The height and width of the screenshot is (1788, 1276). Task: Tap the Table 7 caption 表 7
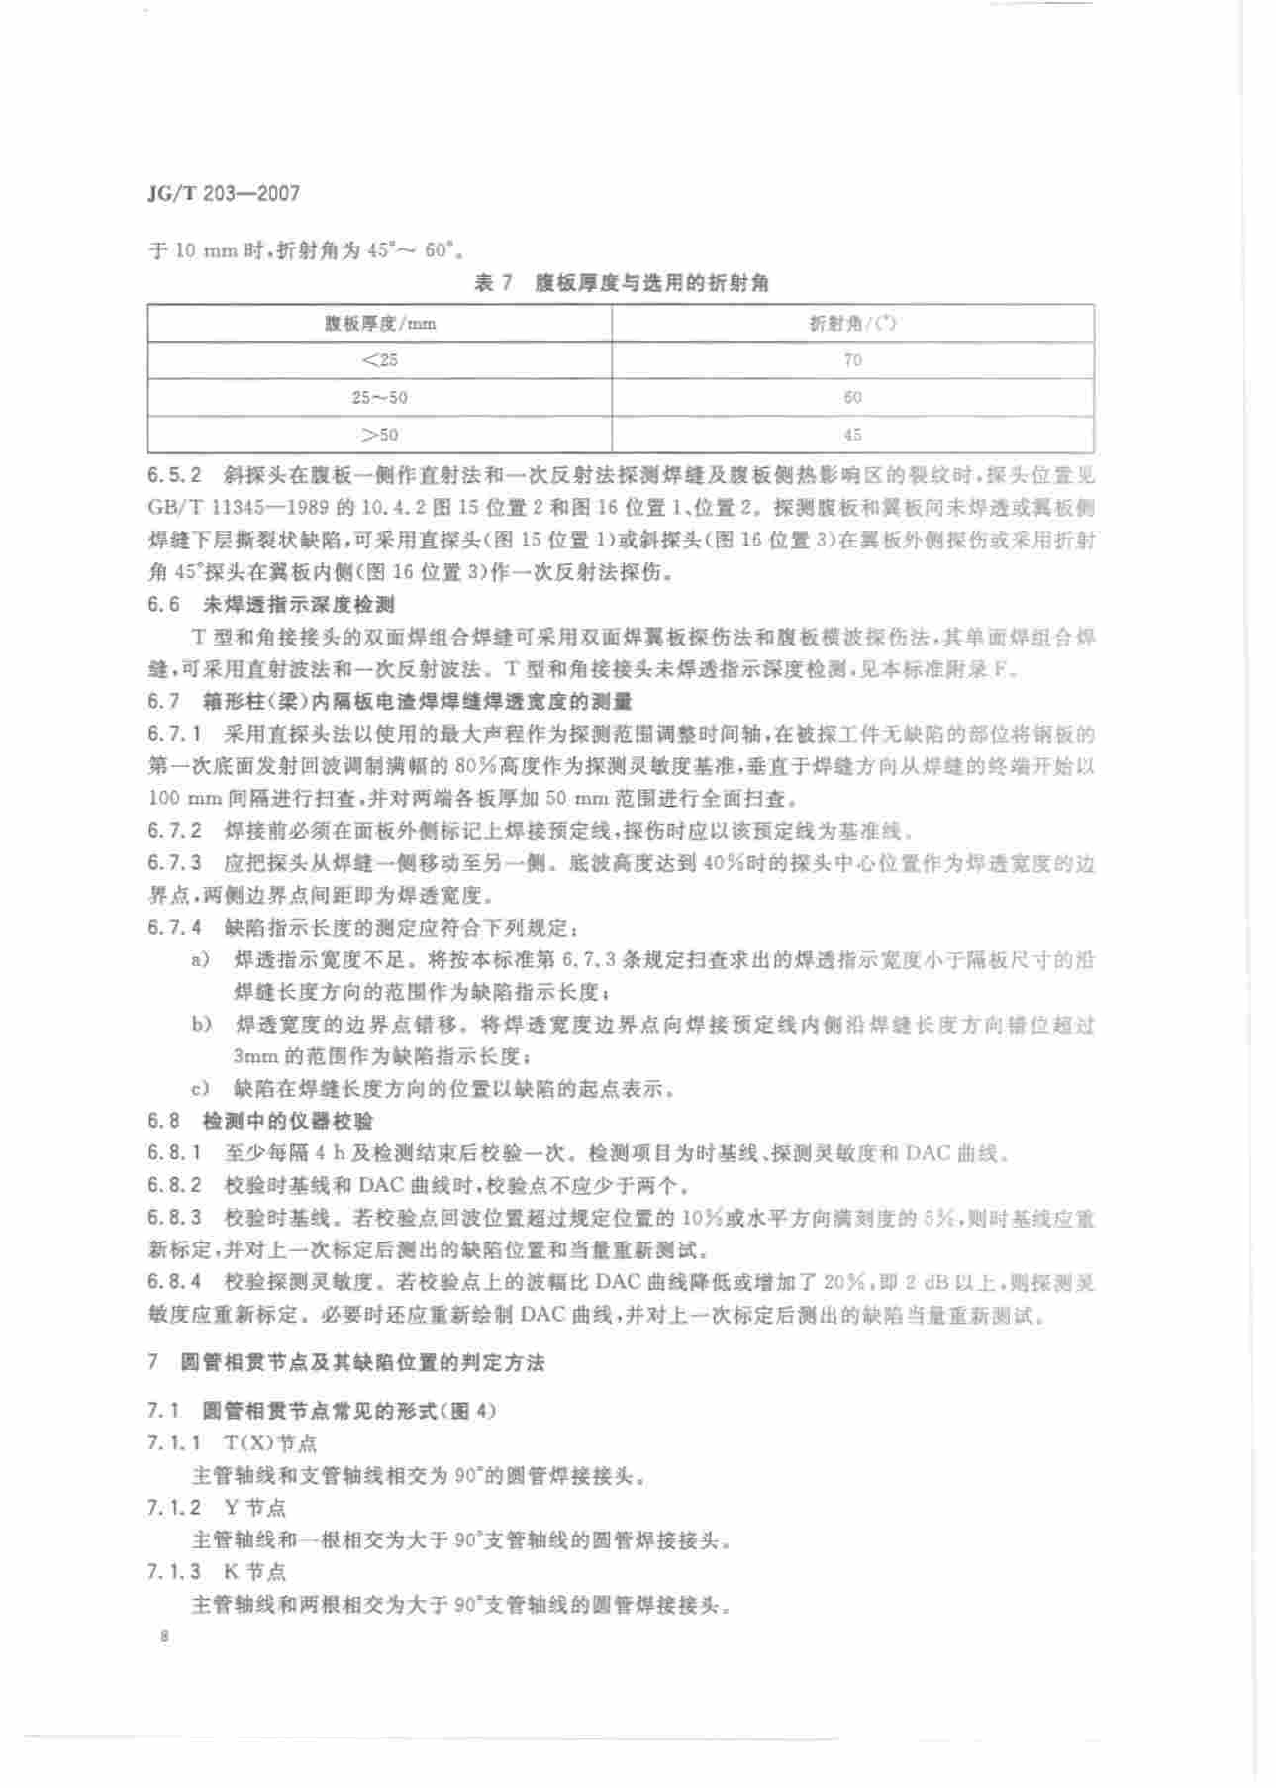(492, 284)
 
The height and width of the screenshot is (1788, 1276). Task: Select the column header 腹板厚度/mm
(380, 324)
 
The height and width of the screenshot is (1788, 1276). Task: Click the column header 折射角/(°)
(852, 324)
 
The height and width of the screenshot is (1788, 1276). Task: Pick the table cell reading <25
(380, 360)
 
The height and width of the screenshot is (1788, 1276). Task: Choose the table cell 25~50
(380, 397)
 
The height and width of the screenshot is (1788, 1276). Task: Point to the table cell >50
(380, 435)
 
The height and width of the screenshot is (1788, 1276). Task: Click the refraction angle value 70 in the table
(852, 360)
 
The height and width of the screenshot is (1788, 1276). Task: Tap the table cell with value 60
(852, 397)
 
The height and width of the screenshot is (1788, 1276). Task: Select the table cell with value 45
(852, 435)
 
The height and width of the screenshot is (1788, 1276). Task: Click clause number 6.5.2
(174, 475)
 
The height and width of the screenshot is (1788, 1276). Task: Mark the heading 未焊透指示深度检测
(298, 605)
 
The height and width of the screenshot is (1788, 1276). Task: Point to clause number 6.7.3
(174, 863)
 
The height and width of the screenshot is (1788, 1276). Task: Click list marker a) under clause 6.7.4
(200, 959)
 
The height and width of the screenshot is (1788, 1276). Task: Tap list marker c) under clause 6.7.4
(200, 1089)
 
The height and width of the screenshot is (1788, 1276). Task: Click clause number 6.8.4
(174, 1283)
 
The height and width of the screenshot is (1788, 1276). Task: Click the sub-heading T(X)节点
(270, 1443)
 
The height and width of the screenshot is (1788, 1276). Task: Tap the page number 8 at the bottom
(164, 1638)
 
